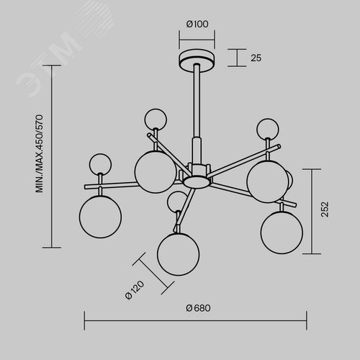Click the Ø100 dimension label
click(197, 24)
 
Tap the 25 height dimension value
click(256, 58)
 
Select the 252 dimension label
click(325, 210)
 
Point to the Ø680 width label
click(198, 308)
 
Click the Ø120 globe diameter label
click(135, 290)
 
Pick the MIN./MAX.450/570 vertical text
click(39, 153)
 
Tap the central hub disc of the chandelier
click(197, 181)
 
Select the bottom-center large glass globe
click(178, 254)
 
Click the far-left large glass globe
click(100, 217)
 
